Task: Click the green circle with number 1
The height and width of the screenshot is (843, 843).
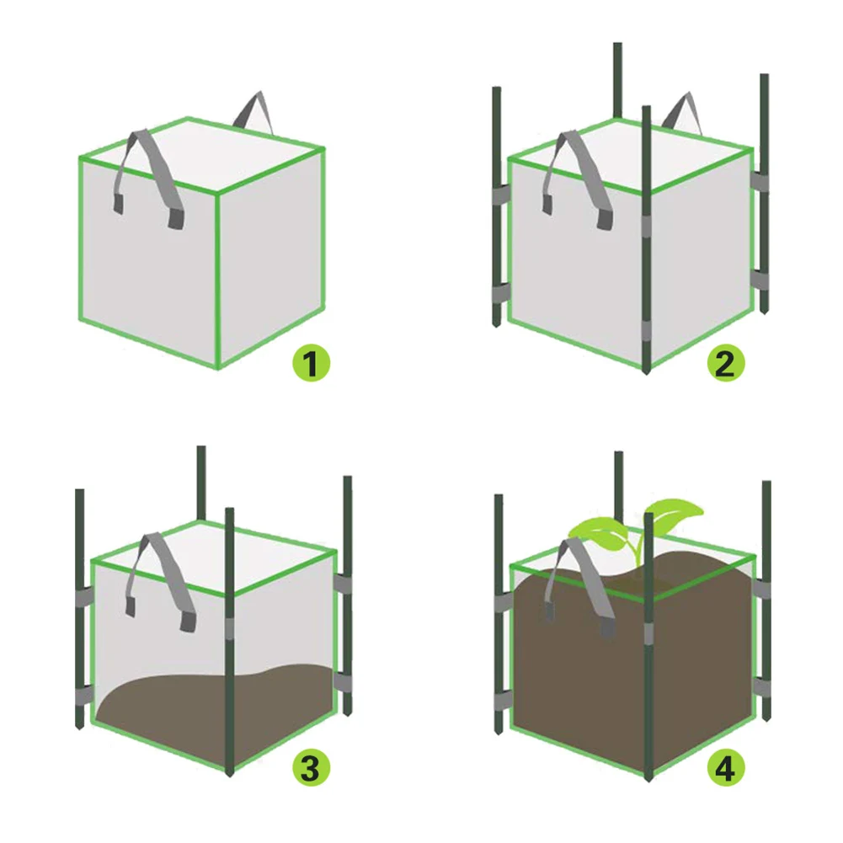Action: tap(311, 364)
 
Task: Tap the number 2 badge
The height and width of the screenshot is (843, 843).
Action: tap(725, 363)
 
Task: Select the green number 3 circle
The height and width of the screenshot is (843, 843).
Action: tap(311, 767)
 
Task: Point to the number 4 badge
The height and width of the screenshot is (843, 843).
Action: tap(725, 767)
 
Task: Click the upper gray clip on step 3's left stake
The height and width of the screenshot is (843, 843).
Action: tap(82, 599)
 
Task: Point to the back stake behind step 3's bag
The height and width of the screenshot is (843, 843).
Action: tap(200, 480)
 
